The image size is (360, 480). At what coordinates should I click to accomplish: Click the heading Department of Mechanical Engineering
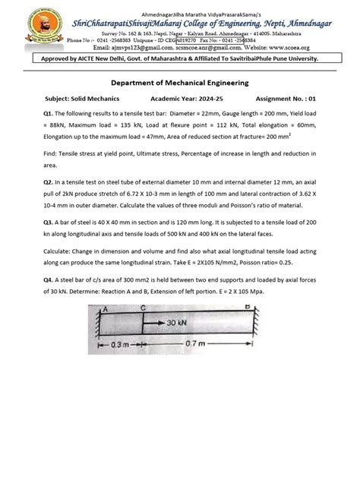[x=179, y=86]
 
